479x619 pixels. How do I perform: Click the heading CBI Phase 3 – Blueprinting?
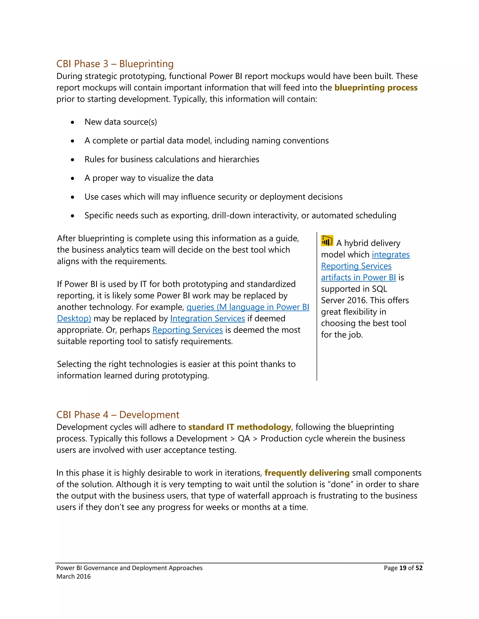pyautogui.click(x=115, y=64)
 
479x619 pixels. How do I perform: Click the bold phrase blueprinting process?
pyautogui.click(x=376, y=88)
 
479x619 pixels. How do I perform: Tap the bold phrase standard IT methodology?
pyautogui.click(x=239, y=427)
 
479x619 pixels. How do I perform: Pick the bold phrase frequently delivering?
pyautogui.click(x=307, y=473)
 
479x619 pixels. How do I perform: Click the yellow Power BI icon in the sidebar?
pyautogui.click(x=327, y=241)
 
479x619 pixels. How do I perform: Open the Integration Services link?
pyautogui.click(x=207, y=319)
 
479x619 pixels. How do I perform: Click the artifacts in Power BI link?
pyautogui.click(x=358, y=277)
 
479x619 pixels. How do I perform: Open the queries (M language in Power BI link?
pyautogui.click(x=248, y=307)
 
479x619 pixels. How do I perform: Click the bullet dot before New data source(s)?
pyautogui.click(x=73, y=122)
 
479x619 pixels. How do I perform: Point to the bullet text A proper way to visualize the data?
pyautogui.click(x=149, y=178)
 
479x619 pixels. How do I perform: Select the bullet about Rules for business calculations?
pyautogui.click(x=172, y=159)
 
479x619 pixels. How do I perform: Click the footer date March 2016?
pyautogui.click(x=73, y=576)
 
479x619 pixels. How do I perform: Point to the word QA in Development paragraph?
pyautogui.click(x=244, y=439)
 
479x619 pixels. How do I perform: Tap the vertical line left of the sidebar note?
pyautogui.click(x=317, y=306)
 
